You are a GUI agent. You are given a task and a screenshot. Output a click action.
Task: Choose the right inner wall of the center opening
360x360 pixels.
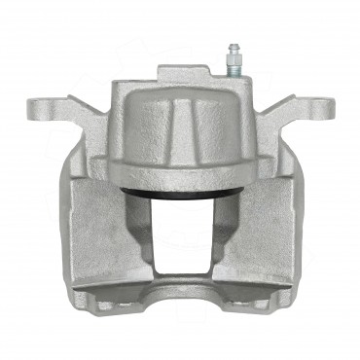tap(220, 234)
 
